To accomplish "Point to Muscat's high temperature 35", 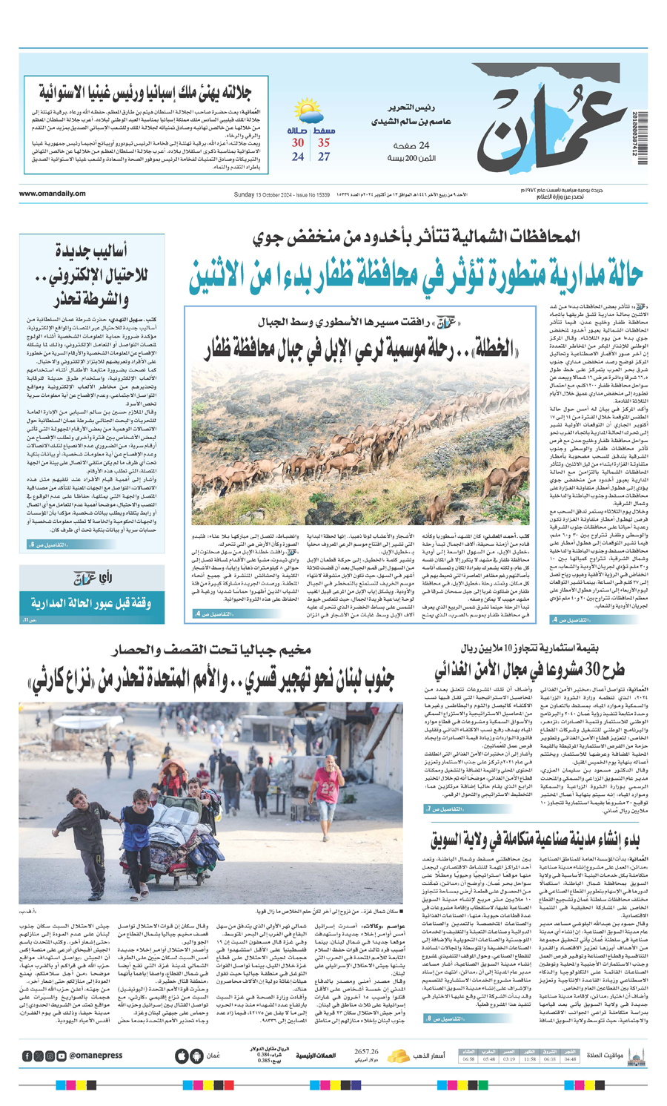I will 324,142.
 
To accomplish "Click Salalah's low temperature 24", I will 297,157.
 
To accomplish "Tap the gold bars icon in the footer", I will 398,1056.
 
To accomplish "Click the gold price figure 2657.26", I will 366,1051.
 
